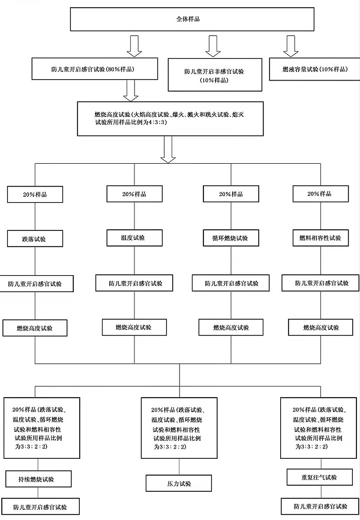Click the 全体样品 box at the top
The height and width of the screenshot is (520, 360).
[x=193, y=19]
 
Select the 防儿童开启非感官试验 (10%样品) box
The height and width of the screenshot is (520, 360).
[x=214, y=75]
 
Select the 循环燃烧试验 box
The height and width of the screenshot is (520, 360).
[x=227, y=238]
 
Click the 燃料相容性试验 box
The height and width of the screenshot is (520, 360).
[x=320, y=238]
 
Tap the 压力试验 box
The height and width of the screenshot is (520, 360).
[x=180, y=482]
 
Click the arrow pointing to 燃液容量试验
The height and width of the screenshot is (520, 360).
[x=291, y=46]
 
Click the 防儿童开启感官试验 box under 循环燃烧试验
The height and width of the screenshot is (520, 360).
[x=227, y=282]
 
